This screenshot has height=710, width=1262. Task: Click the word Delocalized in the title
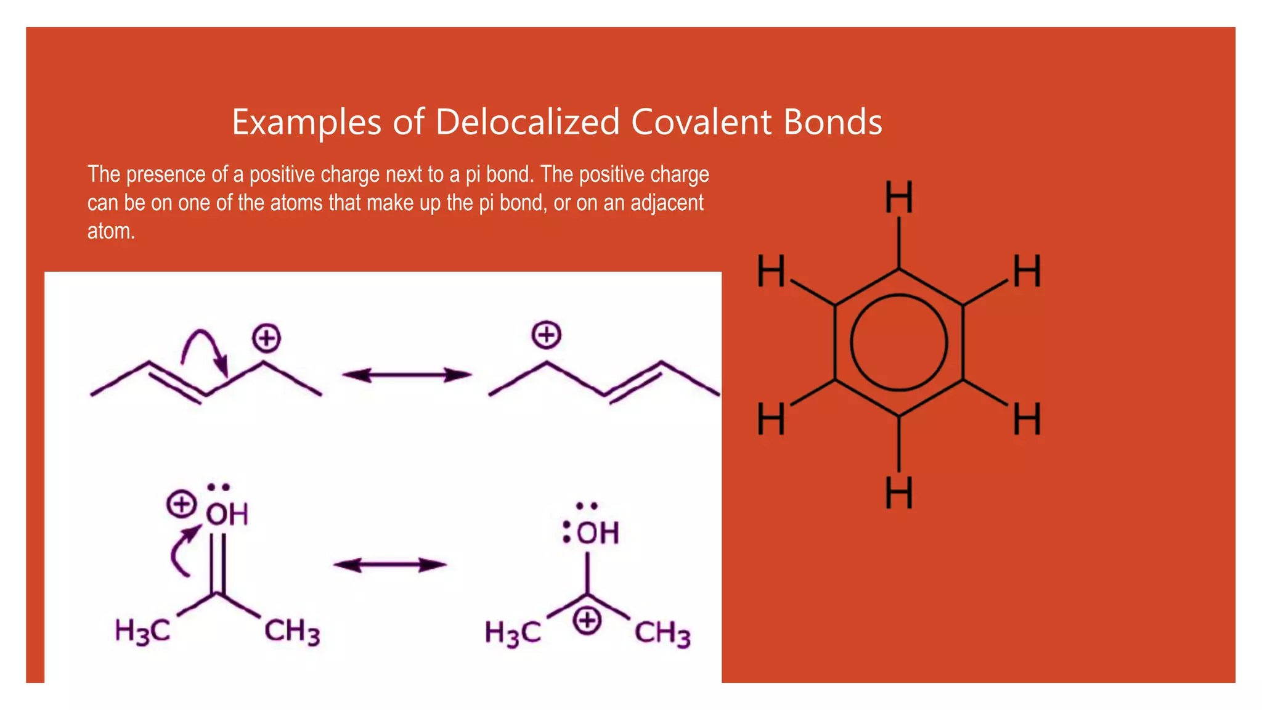pyautogui.click(x=527, y=121)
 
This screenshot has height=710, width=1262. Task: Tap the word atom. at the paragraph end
pyautogui.click(x=111, y=231)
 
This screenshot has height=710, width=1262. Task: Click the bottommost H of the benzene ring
pyautogui.click(x=898, y=492)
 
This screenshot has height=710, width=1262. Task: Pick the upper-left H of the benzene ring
pyautogui.click(x=771, y=271)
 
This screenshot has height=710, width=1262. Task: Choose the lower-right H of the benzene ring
pyautogui.click(x=1027, y=419)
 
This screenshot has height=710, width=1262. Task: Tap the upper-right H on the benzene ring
pyautogui.click(x=1027, y=271)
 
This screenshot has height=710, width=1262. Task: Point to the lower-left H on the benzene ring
pyautogui.click(x=771, y=419)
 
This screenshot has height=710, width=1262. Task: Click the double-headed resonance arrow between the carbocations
pyautogui.click(x=407, y=375)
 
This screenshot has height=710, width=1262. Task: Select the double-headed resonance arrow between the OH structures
pyautogui.click(x=389, y=565)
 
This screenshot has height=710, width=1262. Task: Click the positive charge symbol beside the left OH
pyautogui.click(x=181, y=504)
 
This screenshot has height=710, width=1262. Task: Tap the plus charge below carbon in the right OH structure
pyautogui.click(x=587, y=620)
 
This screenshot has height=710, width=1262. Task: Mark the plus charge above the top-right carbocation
pyautogui.click(x=547, y=335)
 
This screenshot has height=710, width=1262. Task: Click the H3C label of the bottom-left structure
pyautogui.click(x=142, y=632)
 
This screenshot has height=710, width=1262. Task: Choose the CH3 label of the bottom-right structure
pyautogui.click(x=662, y=634)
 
